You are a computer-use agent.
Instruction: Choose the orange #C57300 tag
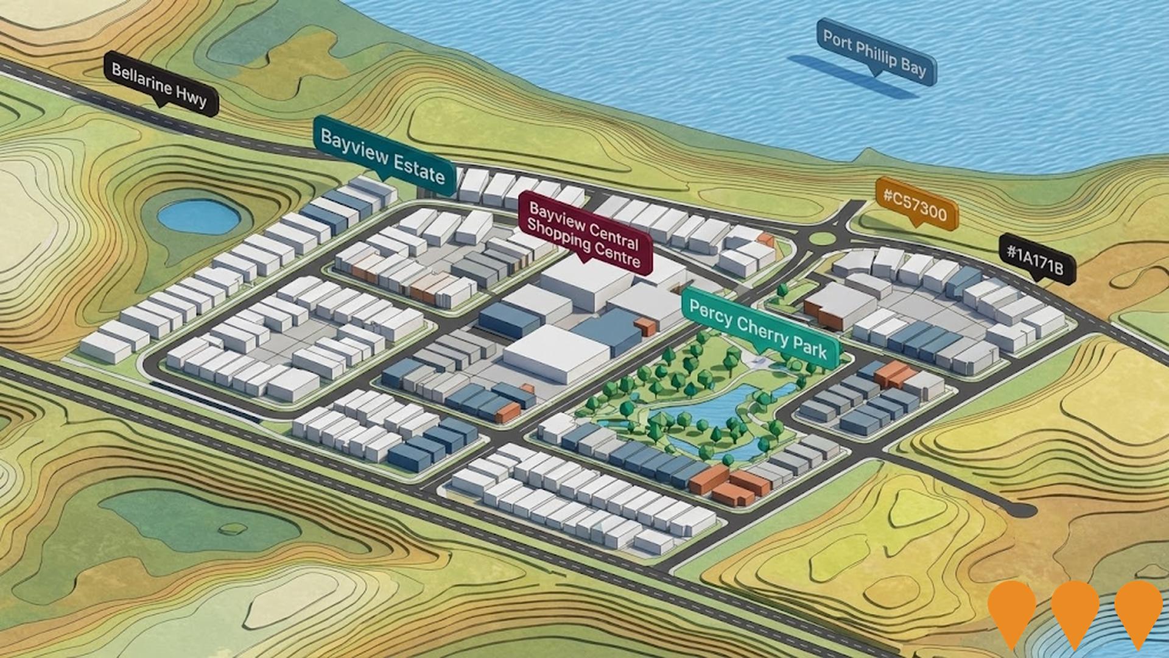coord(915,204)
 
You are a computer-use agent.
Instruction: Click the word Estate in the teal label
coord(419,168)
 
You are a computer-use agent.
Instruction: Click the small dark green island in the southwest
coord(233,528)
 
